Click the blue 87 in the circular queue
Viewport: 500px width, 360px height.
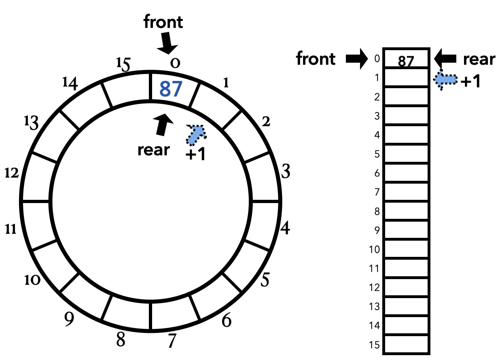coord(170,89)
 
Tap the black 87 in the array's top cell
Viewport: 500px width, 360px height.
coord(407,61)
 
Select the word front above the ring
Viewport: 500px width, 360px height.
coord(163,22)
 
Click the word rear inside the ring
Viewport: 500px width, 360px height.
coord(154,150)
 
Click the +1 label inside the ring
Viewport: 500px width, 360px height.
coord(195,155)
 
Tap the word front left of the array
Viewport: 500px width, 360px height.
coord(316,59)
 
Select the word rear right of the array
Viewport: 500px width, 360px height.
coord(479,59)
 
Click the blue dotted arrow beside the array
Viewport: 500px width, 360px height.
coord(445,80)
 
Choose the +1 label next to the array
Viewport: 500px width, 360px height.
coord(471,82)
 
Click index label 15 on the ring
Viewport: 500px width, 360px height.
coord(123,64)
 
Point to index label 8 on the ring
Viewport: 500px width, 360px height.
coord(121,340)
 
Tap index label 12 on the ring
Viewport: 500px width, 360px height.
coord(12,174)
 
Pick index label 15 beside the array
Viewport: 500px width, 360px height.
coord(375,345)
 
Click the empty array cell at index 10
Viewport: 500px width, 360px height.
coord(407,249)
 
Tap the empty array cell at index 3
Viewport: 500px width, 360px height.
coord(407,115)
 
